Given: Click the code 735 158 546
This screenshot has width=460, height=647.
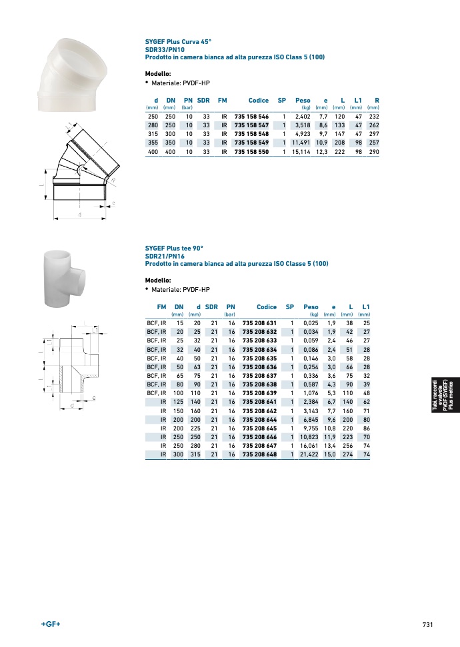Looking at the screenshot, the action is click(x=251, y=117).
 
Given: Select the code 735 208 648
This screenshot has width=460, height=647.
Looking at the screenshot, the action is click(x=259, y=454).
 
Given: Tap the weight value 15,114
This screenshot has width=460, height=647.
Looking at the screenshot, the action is click(x=301, y=151).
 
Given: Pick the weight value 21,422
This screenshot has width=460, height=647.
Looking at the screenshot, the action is click(x=309, y=454).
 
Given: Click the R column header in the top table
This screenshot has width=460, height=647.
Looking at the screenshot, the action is click(x=377, y=100).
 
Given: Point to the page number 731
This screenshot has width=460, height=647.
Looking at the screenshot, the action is click(x=428, y=624).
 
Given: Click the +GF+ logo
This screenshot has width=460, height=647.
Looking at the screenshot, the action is click(x=51, y=624).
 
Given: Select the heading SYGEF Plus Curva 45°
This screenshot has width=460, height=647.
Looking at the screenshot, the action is click(x=178, y=42).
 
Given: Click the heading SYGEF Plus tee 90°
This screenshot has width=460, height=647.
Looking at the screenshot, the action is click(x=174, y=249).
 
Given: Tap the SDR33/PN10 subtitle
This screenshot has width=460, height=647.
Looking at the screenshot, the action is click(x=165, y=49).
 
